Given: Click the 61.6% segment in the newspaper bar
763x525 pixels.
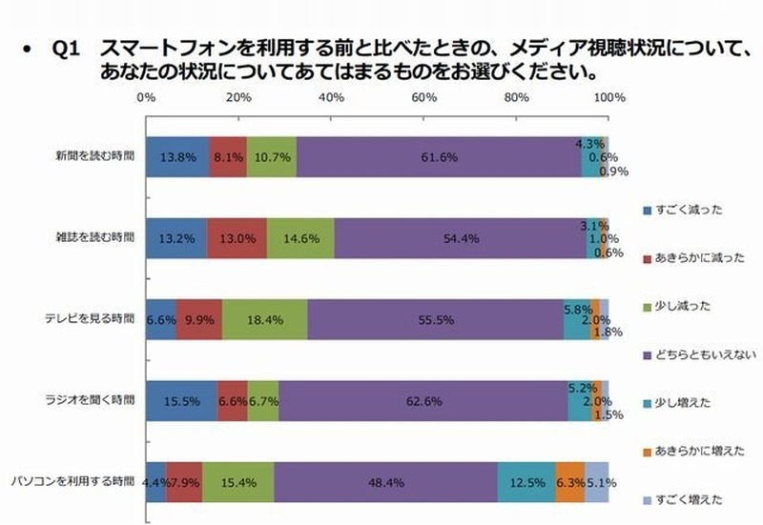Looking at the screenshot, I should tap(439, 155).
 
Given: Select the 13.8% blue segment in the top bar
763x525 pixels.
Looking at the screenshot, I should tap(177, 155).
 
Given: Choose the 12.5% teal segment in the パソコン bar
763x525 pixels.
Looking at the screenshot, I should tap(526, 482).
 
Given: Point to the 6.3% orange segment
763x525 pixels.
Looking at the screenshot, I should tap(570, 482).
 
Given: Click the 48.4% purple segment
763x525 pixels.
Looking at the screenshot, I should tap(385, 482).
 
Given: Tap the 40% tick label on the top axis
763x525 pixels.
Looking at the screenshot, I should tap(331, 97).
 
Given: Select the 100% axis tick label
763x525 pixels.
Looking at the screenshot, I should tap(608, 97).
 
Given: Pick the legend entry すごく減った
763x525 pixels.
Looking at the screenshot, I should tap(688, 208).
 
